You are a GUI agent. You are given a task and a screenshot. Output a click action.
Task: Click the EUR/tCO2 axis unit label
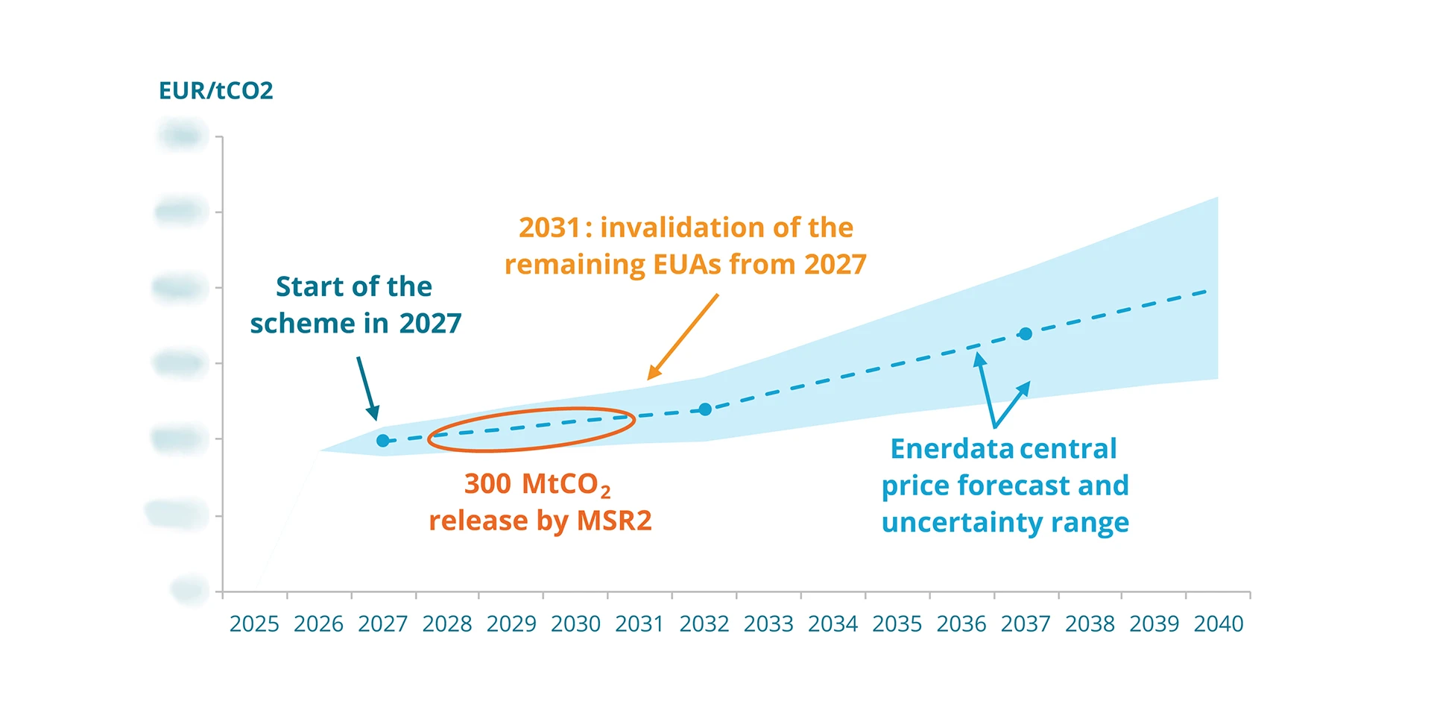215,91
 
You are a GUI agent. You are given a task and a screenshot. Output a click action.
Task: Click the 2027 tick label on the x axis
382,623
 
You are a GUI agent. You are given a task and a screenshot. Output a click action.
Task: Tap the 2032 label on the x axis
704,623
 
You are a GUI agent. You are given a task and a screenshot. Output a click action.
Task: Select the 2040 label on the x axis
1218,623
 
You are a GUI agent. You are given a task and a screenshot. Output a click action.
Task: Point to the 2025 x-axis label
254,623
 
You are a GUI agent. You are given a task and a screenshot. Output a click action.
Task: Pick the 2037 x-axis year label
1026,623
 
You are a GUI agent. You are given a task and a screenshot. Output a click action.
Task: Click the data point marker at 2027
382,441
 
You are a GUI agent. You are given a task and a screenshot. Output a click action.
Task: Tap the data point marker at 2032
705,409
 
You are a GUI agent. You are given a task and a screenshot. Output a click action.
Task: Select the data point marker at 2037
1026,334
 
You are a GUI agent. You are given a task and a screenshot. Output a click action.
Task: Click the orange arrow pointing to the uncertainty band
683,337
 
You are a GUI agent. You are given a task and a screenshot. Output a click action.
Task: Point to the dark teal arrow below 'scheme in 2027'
367,389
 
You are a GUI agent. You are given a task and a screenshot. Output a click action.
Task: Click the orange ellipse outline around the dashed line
531,408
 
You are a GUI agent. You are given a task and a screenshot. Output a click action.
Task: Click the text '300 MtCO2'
537,484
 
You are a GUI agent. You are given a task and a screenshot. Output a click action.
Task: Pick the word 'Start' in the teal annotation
305,286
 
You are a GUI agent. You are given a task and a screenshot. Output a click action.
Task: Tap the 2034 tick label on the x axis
833,623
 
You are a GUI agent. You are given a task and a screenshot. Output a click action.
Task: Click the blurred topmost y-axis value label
181,136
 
